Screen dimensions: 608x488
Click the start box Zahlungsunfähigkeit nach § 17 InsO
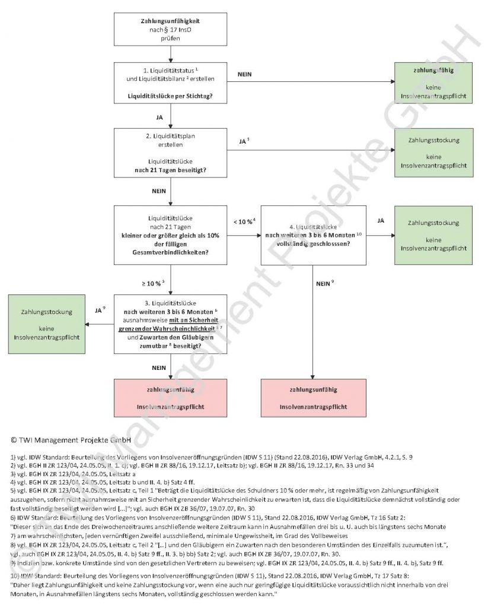(170, 28)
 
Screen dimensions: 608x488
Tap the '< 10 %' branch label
(244, 221)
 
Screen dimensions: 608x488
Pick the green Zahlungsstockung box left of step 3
(46, 324)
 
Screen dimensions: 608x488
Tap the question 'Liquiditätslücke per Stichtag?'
(170, 95)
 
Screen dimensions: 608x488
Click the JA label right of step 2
(244, 142)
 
